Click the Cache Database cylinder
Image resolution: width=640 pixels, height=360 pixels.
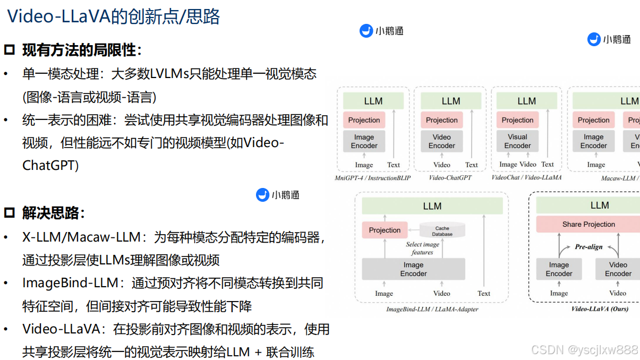pyautogui.click(x=442, y=230)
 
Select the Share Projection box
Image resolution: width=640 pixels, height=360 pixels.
pyautogui.click(x=588, y=224)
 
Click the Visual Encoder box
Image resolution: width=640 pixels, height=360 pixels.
pyautogui.click(x=517, y=141)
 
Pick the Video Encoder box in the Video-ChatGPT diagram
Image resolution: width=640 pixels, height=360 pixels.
pyautogui.click(x=441, y=141)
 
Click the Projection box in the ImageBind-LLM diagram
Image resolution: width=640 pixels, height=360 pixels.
pyautogui.click(x=385, y=230)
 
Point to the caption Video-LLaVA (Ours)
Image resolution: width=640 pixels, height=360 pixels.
pyautogui.click(x=599, y=308)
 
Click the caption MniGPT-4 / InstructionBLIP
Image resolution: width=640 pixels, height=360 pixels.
pyautogui.click(x=373, y=178)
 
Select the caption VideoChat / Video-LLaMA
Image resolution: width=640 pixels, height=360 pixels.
pyautogui.click(x=526, y=177)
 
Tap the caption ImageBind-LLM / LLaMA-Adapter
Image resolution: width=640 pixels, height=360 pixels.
pyautogui.click(x=432, y=309)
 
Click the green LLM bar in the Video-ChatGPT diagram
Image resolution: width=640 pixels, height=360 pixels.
pyautogui.click(x=450, y=101)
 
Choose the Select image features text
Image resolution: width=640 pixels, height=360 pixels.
pyautogui.click(x=423, y=248)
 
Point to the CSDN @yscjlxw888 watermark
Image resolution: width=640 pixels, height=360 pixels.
pyautogui.click(x=584, y=350)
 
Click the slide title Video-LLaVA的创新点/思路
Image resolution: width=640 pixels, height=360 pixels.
pyautogui.click(x=114, y=17)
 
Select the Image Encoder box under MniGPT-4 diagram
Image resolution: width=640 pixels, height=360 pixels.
pyautogui.click(x=364, y=141)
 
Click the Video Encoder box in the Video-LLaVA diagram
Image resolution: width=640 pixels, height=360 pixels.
pyautogui.click(x=618, y=269)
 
